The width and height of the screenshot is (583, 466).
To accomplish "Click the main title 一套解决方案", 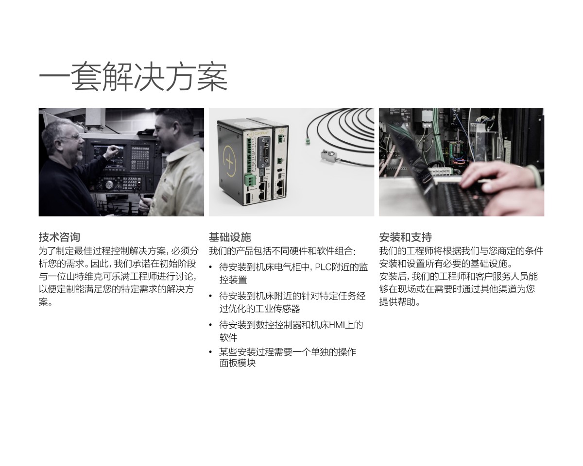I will tap(133, 77).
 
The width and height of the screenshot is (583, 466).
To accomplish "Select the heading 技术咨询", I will tap(59, 237).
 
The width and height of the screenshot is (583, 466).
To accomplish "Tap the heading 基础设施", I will tap(229, 237).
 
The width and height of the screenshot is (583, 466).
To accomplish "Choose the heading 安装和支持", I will tap(405, 237).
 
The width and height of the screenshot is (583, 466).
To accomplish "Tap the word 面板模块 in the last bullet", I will tap(238, 363).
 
